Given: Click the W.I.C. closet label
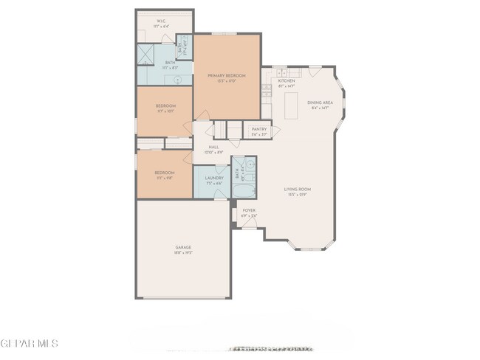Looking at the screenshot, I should pyautogui.click(x=161, y=21).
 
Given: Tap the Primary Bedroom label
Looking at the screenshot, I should pyautogui.click(x=227, y=76).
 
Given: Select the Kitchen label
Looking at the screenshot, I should pyautogui.click(x=287, y=81).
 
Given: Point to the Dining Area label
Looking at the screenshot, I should pyautogui.click(x=318, y=103).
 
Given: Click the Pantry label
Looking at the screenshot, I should pyautogui.click(x=258, y=129).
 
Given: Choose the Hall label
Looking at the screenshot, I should pyautogui.click(x=213, y=147).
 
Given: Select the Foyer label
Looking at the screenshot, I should pyautogui.click(x=249, y=210).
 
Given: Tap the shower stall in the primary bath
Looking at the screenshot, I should pyautogui.click(x=146, y=55).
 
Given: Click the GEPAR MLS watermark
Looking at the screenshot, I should pyautogui.click(x=29, y=344).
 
